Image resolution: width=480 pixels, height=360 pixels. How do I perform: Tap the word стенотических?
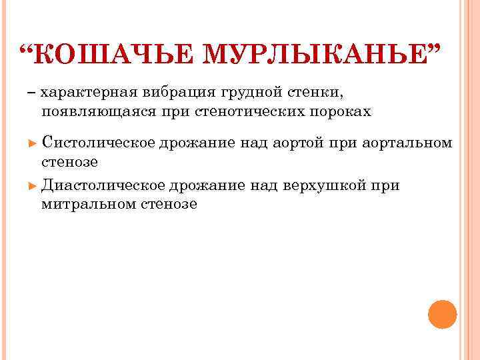pos(247,111)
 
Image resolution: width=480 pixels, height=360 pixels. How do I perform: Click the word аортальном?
pos(409,143)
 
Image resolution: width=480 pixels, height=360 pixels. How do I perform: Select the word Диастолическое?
pos(103,185)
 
